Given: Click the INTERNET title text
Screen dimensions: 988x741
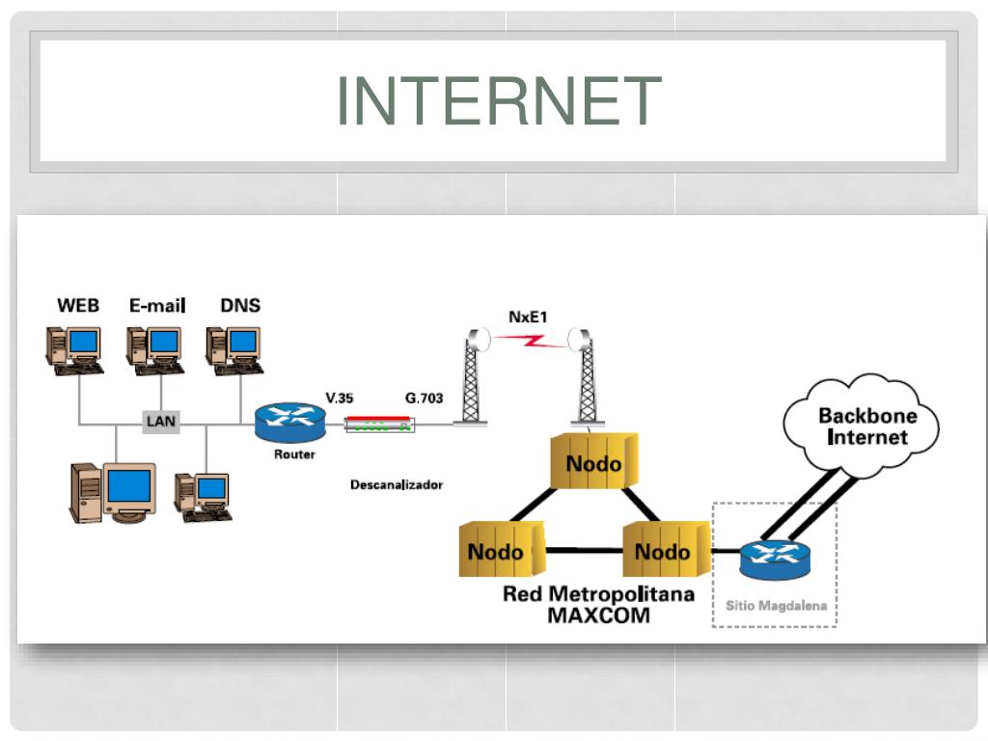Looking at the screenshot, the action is click(499, 100).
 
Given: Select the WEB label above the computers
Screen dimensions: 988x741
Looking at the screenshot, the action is click(78, 306).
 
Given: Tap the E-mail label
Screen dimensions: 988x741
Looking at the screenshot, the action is click(157, 306).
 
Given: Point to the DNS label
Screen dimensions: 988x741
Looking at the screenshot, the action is click(240, 306).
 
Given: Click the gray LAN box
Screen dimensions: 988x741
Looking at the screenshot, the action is click(161, 421).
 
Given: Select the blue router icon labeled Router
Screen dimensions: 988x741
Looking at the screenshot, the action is click(290, 422).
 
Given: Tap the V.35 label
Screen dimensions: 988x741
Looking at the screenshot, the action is click(339, 398).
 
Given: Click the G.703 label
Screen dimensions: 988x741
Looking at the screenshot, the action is click(425, 398).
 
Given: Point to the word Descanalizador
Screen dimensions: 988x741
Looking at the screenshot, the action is click(397, 484).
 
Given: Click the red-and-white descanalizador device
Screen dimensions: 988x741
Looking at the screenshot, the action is click(380, 425).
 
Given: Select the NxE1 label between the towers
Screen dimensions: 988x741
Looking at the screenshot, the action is click(528, 316).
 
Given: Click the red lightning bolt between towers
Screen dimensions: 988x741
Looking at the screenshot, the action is click(530, 341).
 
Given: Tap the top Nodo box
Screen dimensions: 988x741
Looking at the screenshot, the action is click(594, 461).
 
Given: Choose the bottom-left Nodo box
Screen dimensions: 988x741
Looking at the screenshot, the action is click(502, 549).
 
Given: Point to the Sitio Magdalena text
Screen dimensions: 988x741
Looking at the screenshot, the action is click(776, 606).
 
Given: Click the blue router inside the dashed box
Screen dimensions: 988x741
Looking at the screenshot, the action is click(775, 560).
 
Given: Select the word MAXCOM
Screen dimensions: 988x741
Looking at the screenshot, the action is click(598, 616).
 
